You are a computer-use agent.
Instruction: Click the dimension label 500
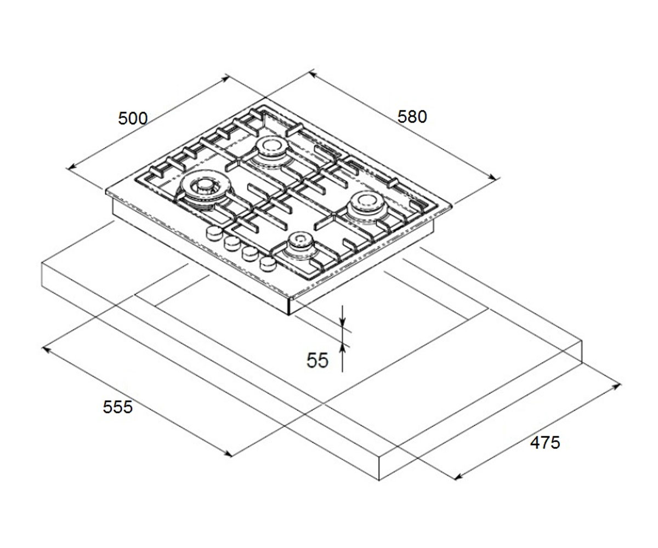pos(133,118)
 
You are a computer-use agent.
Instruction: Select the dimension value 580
pos(412,117)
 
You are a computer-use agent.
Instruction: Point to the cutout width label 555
pos(117,407)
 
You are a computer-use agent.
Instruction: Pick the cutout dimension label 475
pos(545,442)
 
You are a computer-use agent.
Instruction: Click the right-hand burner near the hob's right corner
pos(366,206)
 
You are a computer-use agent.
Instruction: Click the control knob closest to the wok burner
pos(214,232)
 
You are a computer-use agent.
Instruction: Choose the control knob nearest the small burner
pos(268,264)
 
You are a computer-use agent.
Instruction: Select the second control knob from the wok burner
pos(232,243)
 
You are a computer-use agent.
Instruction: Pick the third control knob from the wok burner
pos(250,253)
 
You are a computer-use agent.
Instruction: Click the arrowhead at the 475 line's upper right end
pos(616,386)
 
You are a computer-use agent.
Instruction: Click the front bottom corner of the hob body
pos(290,315)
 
